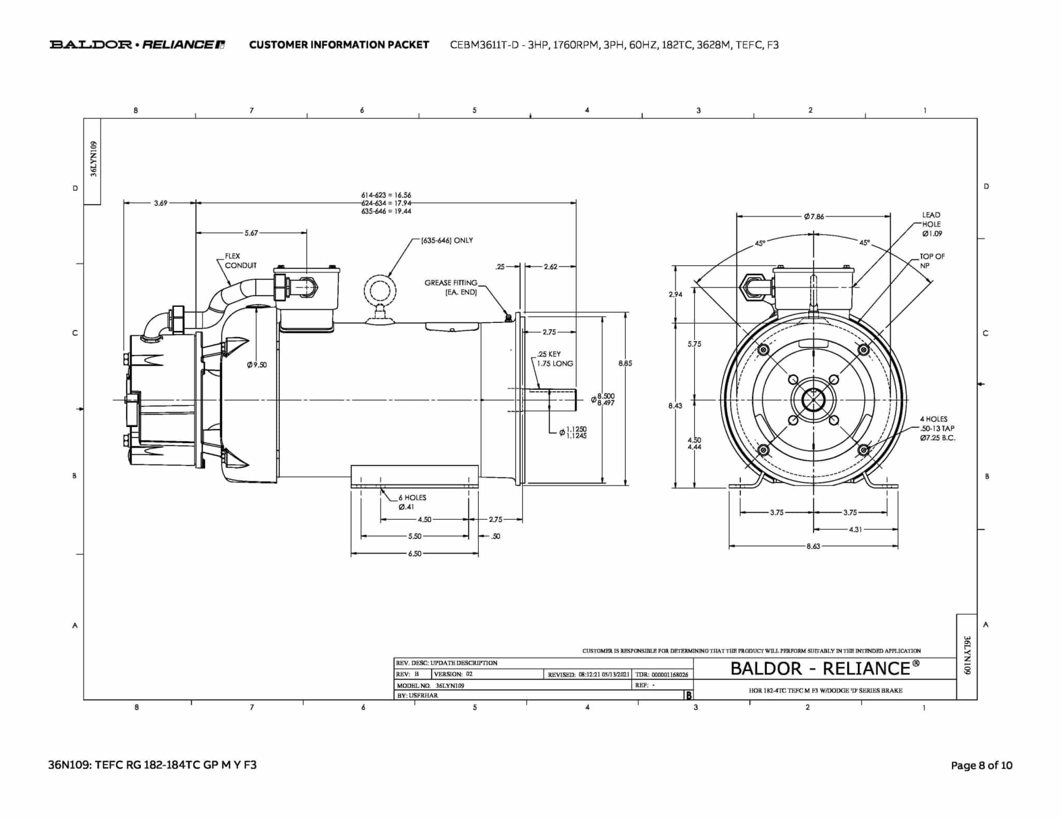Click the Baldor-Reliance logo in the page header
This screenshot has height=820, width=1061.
click(137, 45)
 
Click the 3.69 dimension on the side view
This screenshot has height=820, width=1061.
click(161, 203)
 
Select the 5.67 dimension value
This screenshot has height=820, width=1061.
click(251, 233)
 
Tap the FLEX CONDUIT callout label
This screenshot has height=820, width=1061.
click(240, 261)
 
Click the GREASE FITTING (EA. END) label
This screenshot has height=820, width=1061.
click(451, 288)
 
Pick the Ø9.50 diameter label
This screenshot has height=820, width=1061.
click(257, 365)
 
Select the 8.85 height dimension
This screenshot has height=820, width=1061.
click(625, 363)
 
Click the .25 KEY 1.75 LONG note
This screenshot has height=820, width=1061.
click(555, 359)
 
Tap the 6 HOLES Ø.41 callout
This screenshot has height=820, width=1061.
click(412, 502)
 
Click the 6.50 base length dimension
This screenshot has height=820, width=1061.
click(414, 554)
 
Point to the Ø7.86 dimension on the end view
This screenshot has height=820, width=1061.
click(814, 217)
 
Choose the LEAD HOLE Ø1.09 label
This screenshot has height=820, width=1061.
click(931, 224)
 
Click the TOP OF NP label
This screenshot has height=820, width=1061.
click(932, 261)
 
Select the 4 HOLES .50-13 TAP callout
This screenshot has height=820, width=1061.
click(937, 428)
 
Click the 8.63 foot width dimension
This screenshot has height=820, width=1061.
click(813, 546)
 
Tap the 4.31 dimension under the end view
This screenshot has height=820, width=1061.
click(855, 529)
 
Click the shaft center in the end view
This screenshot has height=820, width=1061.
click(813, 400)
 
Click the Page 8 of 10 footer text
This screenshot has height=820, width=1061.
click(982, 766)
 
